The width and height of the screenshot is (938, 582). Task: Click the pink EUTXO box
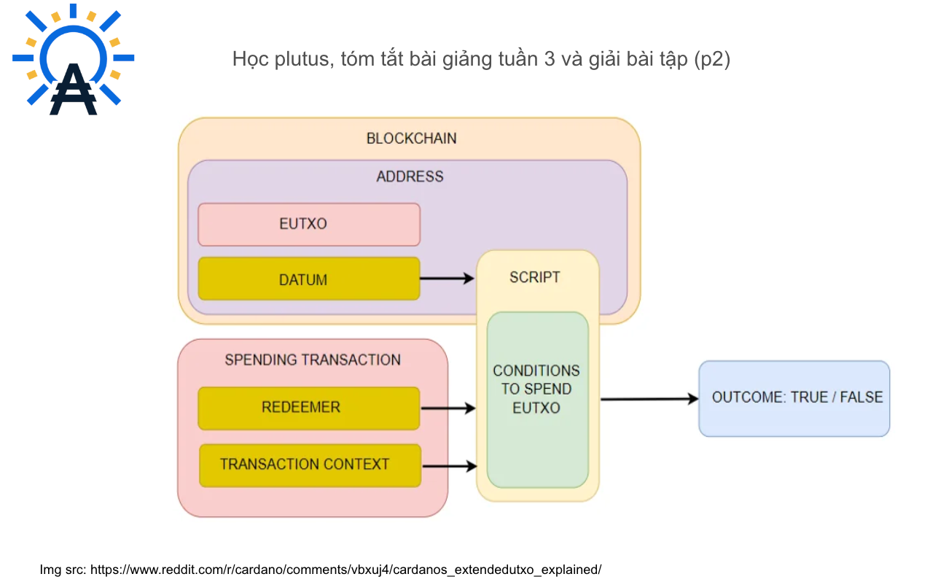309,225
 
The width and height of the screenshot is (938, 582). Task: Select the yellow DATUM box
309,279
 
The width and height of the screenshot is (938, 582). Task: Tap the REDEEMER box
309,408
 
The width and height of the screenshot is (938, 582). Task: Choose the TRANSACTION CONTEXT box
310,465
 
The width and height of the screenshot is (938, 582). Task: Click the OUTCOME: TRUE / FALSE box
794,398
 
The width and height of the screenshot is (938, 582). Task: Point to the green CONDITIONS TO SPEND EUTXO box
538,400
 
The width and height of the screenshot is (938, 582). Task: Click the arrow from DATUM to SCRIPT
447,278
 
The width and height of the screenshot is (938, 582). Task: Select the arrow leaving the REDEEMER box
448,408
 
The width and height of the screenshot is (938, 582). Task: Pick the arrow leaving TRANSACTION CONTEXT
450,465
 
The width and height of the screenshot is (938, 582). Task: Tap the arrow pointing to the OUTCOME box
649,399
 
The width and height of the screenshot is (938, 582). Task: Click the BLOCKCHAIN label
411,139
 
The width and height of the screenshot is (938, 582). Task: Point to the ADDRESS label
410,176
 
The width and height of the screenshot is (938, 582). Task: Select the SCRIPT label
535,277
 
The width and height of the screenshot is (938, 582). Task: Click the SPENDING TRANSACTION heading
313,360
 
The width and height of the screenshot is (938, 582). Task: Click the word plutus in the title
305,60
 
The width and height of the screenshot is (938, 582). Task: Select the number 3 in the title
550,59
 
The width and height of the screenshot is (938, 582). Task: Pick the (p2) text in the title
712,60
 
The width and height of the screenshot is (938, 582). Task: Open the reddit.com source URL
346,570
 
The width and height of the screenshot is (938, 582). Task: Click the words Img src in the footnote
63,570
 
